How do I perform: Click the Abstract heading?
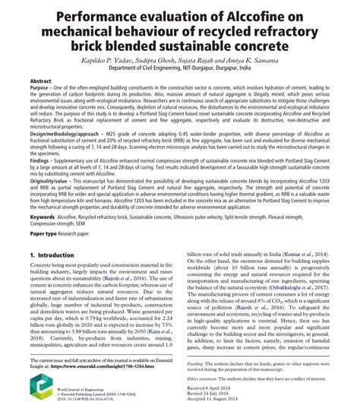[40, 80]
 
